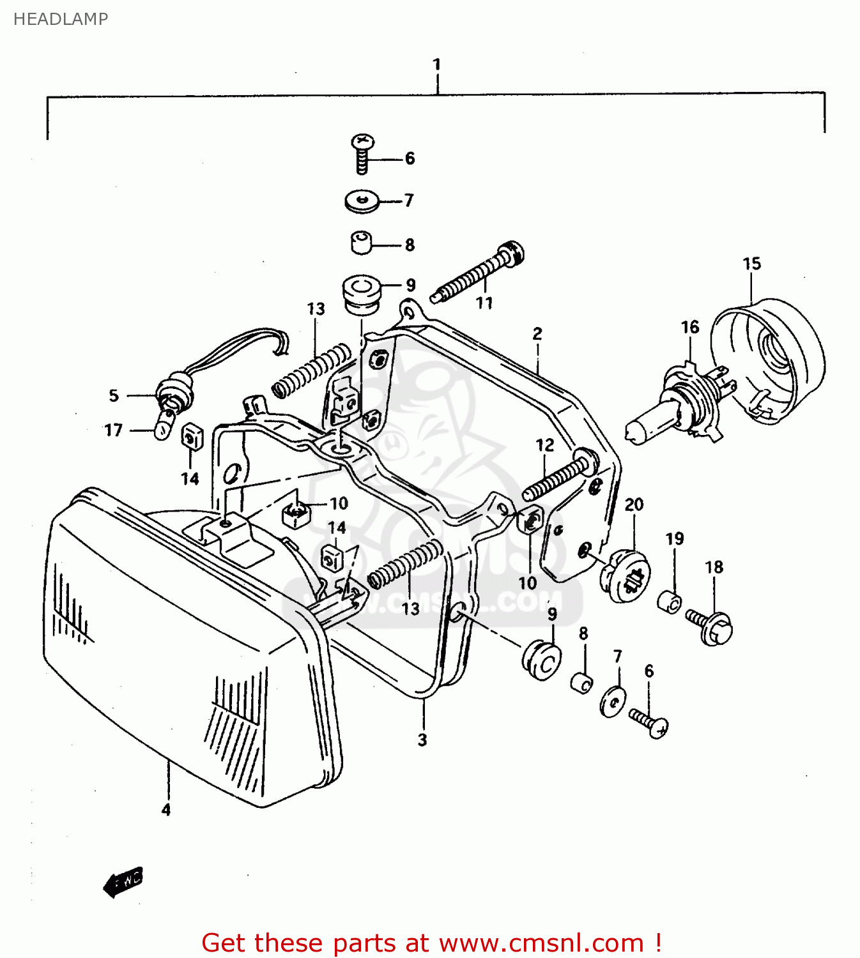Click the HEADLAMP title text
point(61,19)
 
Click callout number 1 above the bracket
point(437,65)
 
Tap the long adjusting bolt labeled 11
point(479,275)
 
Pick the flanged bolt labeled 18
point(710,625)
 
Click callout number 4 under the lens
point(166,810)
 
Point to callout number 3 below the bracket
point(422,740)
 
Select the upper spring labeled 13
point(311,372)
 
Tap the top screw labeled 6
point(362,153)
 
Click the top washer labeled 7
point(362,201)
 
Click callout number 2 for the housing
point(537,333)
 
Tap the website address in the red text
point(541,943)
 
